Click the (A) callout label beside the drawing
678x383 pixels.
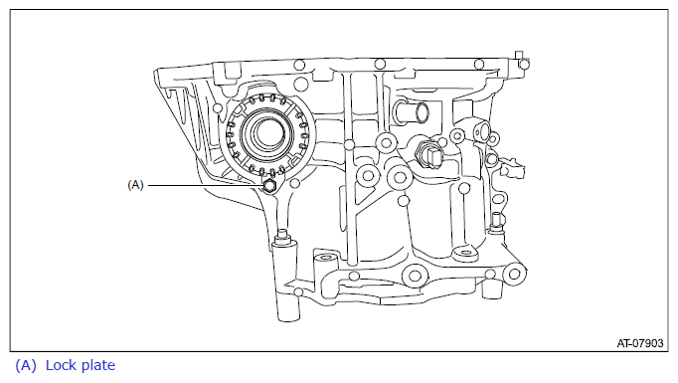[x=135, y=185]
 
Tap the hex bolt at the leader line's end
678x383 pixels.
[x=269, y=186]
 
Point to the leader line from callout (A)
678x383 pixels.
[x=206, y=185]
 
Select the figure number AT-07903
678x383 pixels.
[x=640, y=343]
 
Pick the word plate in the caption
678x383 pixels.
[x=98, y=366]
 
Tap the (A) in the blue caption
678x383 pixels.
[x=26, y=366]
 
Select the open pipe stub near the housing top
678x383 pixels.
[x=412, y=111]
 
